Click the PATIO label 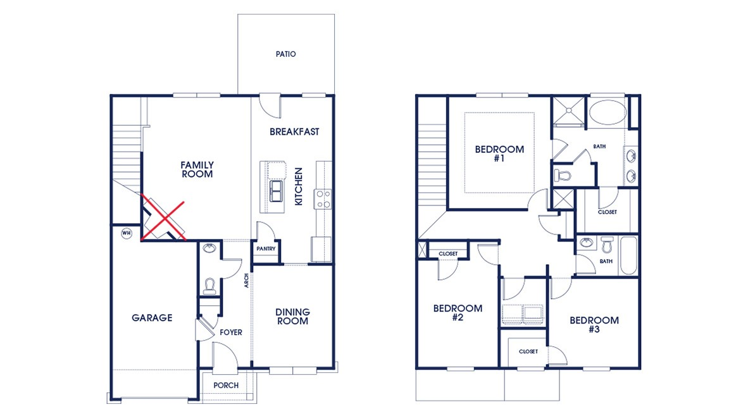[285, 54]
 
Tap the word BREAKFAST [294, 132]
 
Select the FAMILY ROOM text [197, 169]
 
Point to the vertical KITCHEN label [299, 186]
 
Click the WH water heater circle [126, 233]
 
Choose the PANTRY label [266, 249]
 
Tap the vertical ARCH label [247, 280]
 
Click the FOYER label [230, 332]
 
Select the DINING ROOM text [292, 317]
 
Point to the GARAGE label [152, 318]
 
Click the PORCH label [226, 386]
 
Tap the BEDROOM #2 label [458, 313]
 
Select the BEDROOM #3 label [594, 324]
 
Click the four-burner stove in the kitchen [323, 199]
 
